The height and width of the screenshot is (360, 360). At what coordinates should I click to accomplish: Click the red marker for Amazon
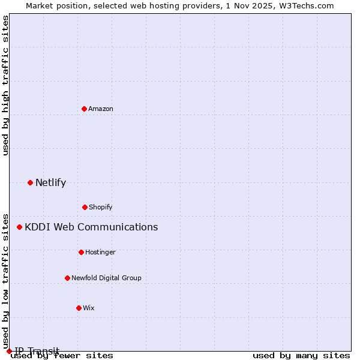(x=84, y=109)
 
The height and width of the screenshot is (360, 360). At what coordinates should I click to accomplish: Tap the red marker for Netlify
(x=30, y=182)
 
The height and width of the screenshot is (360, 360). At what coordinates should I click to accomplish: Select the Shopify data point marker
(x=85, y=207)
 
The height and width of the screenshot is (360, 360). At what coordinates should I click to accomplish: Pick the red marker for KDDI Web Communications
(x=19, y=227)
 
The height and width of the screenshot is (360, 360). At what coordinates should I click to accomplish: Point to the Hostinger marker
(x=81, y=252)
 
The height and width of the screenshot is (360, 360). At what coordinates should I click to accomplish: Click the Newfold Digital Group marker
(x=67, y=278)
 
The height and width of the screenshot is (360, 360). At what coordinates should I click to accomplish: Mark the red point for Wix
(x=79, y=308)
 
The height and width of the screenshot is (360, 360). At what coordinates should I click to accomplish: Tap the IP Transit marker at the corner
(x=9, y=351)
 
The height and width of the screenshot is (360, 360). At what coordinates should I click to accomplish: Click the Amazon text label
(x=101, y=109)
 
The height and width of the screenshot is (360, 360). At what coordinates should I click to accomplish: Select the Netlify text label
(x=50, y=182)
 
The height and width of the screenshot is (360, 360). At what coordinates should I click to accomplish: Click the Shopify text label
(x=101, y=207)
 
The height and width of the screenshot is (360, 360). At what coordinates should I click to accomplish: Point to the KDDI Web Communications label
(x=91, y=227)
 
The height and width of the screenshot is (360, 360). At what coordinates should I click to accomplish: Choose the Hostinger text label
(x=100, y=252)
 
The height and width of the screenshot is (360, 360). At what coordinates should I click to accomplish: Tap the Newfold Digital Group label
(x=106, y=278)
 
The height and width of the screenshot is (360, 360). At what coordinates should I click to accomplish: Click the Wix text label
(x=89, y=308)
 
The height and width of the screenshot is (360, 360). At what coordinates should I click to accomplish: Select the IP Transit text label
(x=37, y=351)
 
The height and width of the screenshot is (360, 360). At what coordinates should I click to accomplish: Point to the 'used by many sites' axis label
(x=301, y=356)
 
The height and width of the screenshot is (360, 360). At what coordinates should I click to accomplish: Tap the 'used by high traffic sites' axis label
(x=5, y=85)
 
